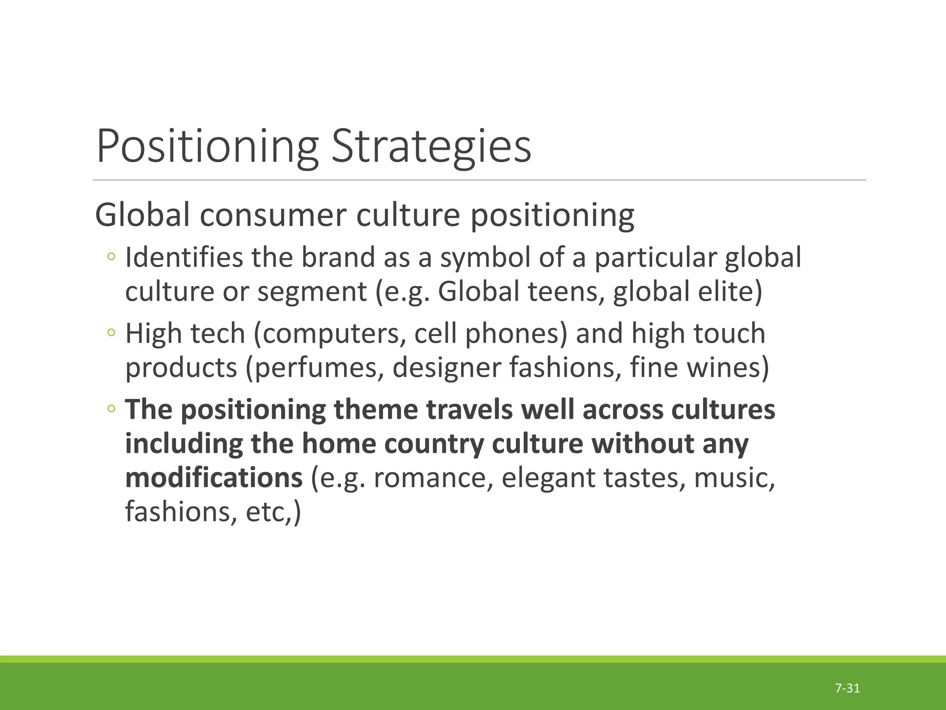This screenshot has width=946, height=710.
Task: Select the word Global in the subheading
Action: click(x=142, y=215)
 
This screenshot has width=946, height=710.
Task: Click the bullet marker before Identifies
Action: click(x=111, y=257)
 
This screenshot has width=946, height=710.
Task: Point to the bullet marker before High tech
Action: click(x=111, y=333)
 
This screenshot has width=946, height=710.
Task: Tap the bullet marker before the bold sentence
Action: click(x=111, y=409)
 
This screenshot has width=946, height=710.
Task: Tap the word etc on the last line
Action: click(x=266, y=512)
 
